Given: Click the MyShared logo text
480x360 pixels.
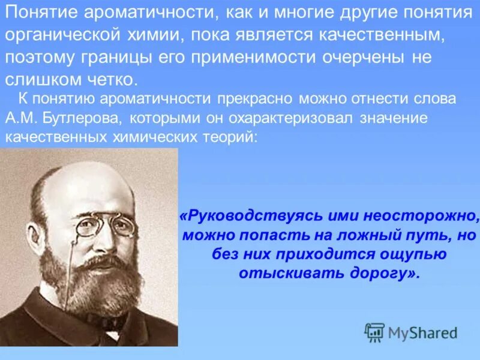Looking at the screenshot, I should [x=422, y=332].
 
